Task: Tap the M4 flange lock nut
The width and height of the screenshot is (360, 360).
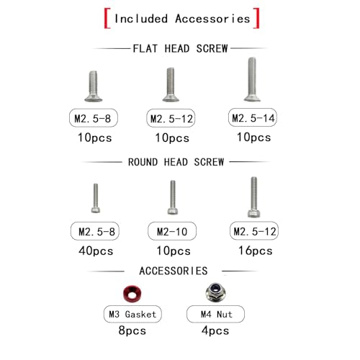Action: click(x=215, y=292)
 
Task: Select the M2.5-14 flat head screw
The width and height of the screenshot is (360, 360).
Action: click(x=252, y=79)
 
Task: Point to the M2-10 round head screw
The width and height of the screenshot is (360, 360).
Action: click(x=173, y=197)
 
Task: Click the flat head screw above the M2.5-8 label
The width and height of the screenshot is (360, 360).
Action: click(x=94, y=86)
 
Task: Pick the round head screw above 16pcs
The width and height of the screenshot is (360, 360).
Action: click(x=253, y=197)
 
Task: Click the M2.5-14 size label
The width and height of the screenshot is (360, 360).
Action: click(x=253, y=117)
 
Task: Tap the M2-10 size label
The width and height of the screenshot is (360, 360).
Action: click(x=172, y=231)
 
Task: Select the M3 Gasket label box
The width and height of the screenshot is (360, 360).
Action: click(x=132, y=314)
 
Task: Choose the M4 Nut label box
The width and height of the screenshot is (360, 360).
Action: click(x=215, y=314)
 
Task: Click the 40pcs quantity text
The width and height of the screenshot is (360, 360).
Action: click(x=96, y=251)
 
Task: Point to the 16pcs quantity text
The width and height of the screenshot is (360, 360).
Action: click(x=256, y=251)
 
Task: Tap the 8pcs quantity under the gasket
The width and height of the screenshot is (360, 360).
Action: click(x=132, y=330)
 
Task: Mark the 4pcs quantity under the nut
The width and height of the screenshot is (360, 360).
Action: click(x=215, y=330)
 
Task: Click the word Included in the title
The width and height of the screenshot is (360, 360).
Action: click(x=141, y=19)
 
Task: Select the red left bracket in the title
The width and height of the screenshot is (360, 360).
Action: click(x=107, y=18)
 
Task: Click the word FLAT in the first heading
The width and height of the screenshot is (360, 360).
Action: click(x=145, y=49)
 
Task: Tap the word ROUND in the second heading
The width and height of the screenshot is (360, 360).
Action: click(x=143, y=162)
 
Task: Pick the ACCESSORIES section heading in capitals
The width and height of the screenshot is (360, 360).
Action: click(x=174, y=271)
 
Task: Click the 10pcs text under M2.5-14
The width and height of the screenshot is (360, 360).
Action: click(x=254, y=138)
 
